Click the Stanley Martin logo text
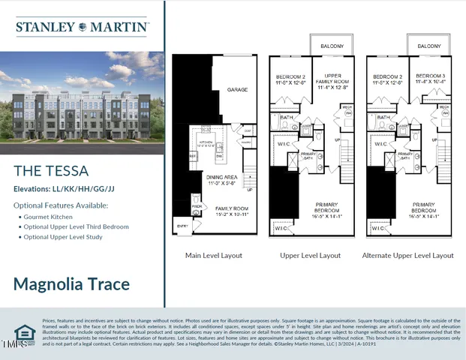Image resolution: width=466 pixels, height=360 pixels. tap(82, 27)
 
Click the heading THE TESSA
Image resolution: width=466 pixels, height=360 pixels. tap(51, 171)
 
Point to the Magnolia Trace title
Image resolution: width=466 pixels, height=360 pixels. tap(71, 284)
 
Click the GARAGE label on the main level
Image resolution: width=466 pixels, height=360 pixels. tap(237, 89)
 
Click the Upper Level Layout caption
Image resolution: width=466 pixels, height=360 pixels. tap(309, 255)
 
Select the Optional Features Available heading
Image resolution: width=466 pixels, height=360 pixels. tap(60, 205)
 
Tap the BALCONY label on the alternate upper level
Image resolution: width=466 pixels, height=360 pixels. tap(429, 46)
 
